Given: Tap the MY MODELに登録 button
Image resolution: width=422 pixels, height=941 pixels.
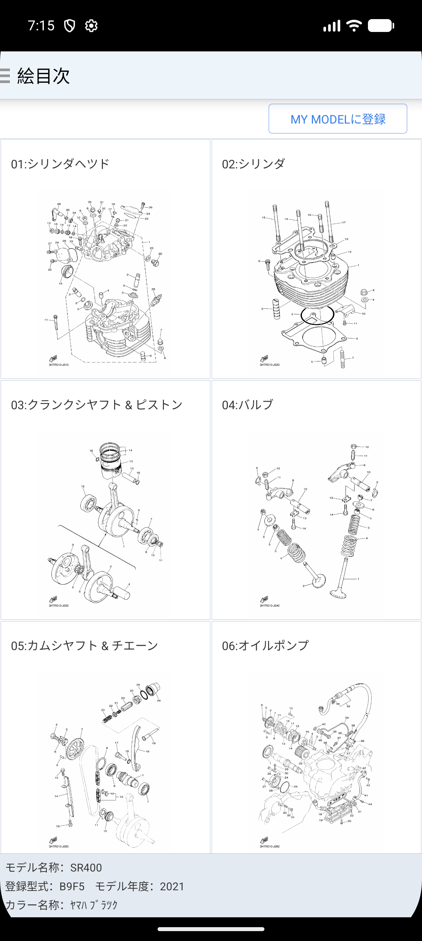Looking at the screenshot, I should [338, 119].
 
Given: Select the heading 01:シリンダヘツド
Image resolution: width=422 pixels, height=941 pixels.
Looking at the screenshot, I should [60, 164].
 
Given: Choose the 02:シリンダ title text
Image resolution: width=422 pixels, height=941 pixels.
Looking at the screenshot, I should [253, 164].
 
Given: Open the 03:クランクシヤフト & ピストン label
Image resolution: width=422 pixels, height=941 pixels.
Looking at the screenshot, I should [97, 405].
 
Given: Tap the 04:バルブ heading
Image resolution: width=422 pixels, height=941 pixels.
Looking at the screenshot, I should [247, 405].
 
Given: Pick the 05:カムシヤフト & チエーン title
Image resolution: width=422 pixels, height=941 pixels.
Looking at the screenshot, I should [84, 645].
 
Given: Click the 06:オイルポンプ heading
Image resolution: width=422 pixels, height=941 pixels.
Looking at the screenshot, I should [265, 645].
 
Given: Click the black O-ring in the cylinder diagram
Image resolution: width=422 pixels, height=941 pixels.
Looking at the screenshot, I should [317, 315].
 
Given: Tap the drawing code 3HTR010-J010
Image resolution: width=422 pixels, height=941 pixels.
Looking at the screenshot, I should [58, 364].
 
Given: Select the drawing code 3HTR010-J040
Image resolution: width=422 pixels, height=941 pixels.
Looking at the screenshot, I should [270, 605].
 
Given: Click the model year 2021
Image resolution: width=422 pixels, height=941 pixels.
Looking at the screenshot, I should [172, 887].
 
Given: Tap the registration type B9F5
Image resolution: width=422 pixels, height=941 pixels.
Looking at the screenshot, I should [72, 887].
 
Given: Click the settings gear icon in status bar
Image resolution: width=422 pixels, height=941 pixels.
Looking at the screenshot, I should [91, 26].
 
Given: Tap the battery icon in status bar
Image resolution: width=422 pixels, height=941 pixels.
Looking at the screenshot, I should [380, 26].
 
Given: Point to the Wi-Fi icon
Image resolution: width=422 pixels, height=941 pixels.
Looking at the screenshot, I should [354, 26].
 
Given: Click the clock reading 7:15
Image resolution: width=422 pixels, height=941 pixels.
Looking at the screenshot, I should [41, 26].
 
